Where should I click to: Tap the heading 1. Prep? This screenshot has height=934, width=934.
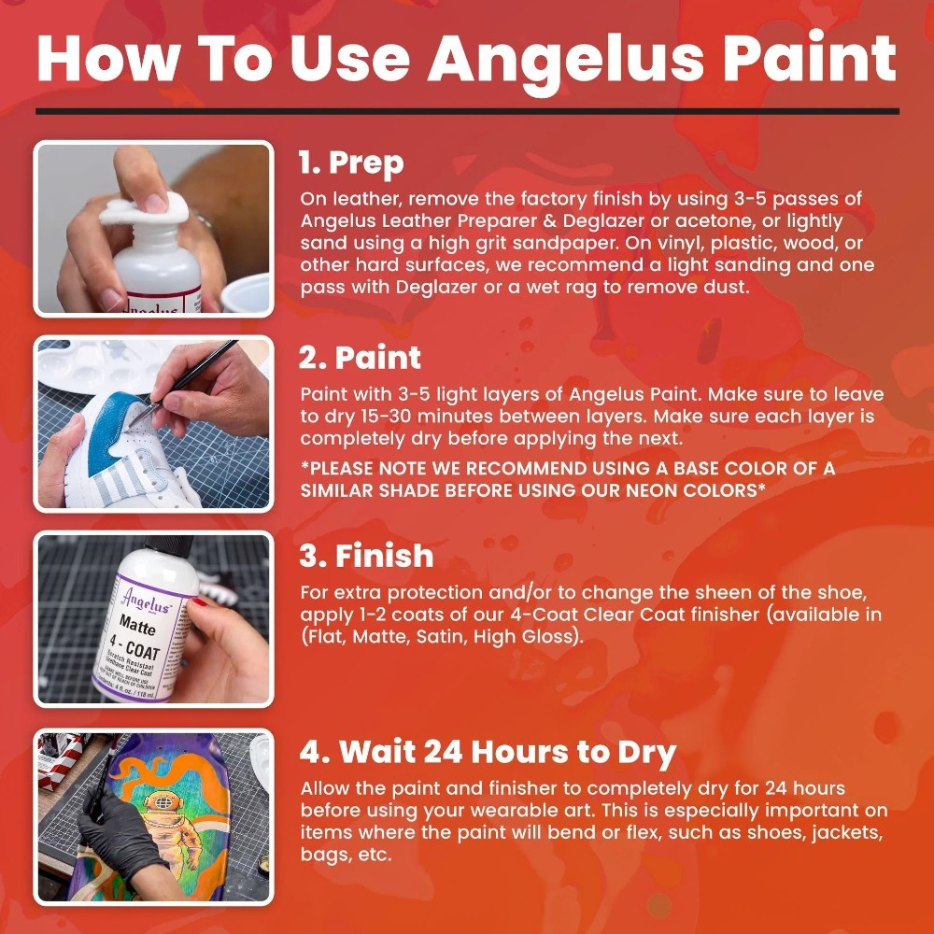[x=350, y=163]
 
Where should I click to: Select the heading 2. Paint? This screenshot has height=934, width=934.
[x=360, y=358]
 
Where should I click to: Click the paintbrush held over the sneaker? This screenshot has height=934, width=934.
[x=187, y=383]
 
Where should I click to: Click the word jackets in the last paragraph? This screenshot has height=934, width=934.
[x=841, y=832]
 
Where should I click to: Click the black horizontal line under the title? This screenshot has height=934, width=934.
[x=467, y=110]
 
